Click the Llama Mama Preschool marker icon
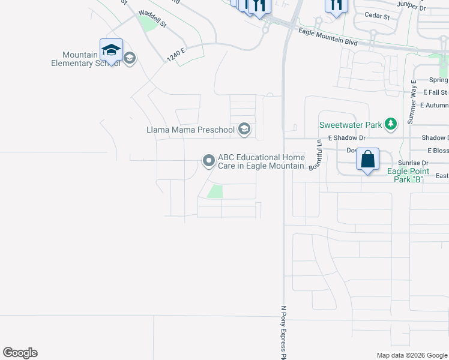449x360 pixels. [x=244, y=128]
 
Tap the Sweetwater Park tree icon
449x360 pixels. [x=391, y=124]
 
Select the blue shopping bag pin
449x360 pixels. [x=367, y=160]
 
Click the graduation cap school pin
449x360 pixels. [x=111, y=50]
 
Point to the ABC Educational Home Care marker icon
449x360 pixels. [x=209, y=160]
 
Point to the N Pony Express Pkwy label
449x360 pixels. [x=284, y=334]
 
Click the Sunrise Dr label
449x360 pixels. [x=413, y=163]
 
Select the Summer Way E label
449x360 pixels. [x=413, y=101]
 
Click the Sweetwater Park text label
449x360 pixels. [x=351, y=125]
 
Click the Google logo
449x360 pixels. [x=20, y=353]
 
